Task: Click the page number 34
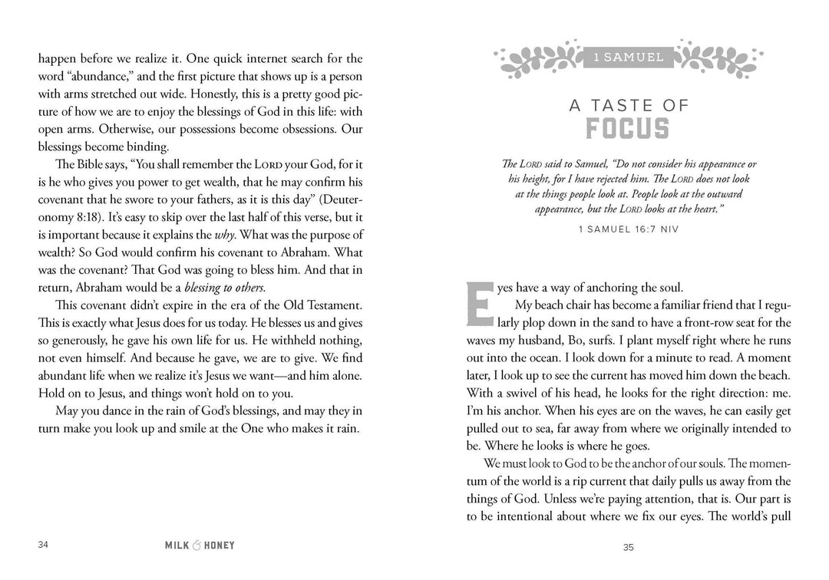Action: click(43, 545)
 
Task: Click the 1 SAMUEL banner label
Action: click(629, 57)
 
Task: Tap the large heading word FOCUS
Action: click(629, 129)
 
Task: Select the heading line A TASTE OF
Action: click(629, 106)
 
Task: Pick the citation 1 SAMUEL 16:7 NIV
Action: click(629, 229)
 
